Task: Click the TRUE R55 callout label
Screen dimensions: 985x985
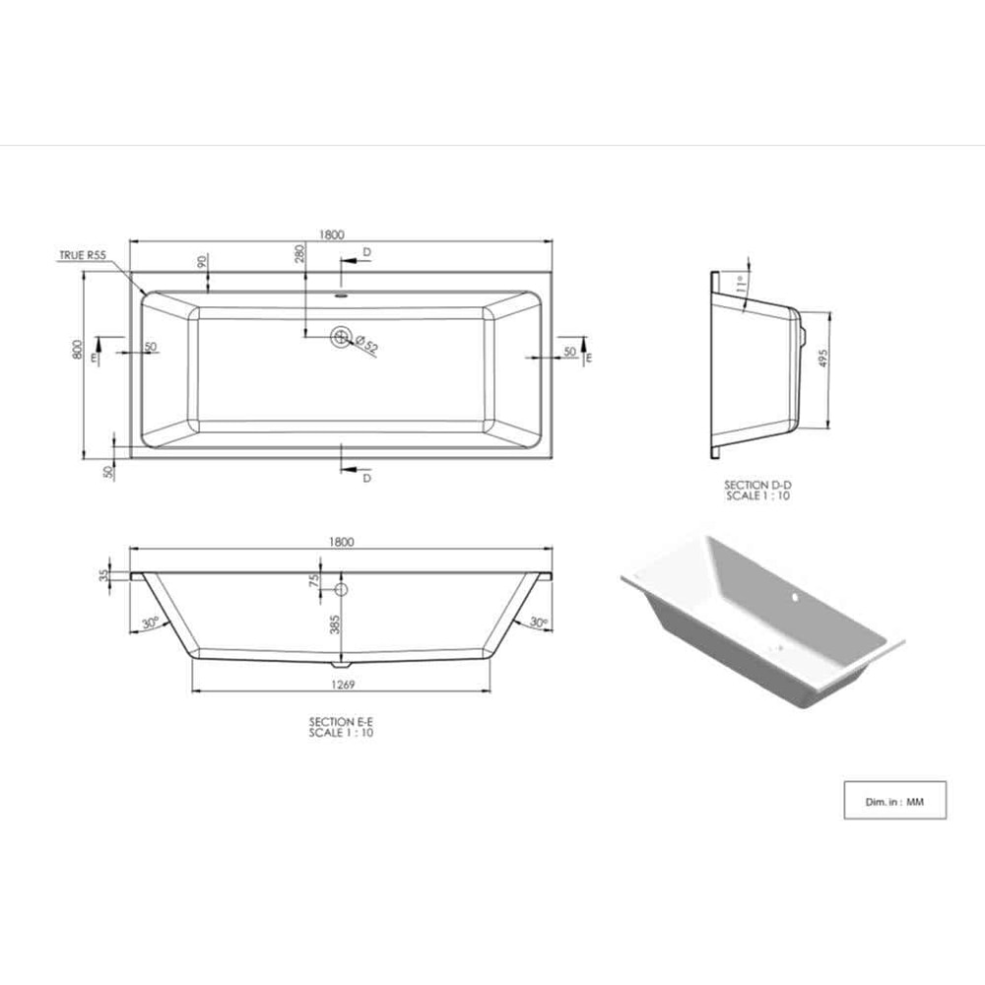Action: pyautogui.click(x=83, y=255)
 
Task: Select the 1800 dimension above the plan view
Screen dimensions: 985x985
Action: pyautogui.click(x=331, y=234)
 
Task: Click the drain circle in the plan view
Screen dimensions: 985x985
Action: pyautogui.click(x=341, y=338)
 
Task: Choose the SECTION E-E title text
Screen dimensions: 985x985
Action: pyautogui.click(x=341, y=722)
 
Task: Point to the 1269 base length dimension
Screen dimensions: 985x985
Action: pyautogui.click(x=342, y=684)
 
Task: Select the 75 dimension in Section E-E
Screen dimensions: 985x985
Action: pyautogui.click(x=315, y=581)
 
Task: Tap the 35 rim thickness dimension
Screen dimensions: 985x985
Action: pyautogui.click(x=103, y=576)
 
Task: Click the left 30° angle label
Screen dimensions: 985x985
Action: pyautogui.click(x=150, y=623)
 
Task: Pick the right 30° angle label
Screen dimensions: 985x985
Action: pyautogui.click(x=537, y=623)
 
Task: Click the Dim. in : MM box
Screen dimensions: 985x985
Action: pyautogui.click(x=894, y=801)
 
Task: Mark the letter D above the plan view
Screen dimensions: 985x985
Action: pyautogui.click(x=366, y=252)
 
